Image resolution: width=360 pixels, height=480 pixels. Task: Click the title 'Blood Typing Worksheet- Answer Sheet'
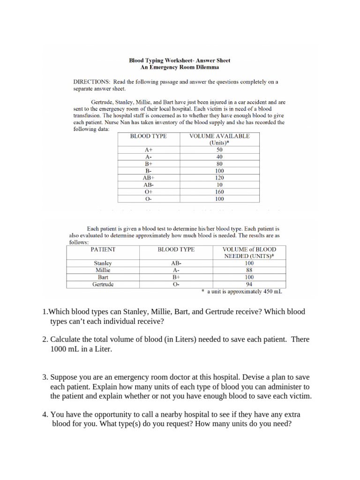pyautogui.click(x=180, y=60)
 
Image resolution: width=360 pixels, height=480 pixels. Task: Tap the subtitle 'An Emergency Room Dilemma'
pyautogui.click(x=180, y=67)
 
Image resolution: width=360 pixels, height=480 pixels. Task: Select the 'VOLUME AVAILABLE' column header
pyautogui.click(x=219, y=136)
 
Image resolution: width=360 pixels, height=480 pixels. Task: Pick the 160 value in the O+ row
pyautogui.click(x=219, y=192)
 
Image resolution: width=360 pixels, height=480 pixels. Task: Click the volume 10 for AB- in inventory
pyautogui.click(x=219, y=185)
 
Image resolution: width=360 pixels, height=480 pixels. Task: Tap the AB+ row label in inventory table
pyautogui.click(x=148, y=178)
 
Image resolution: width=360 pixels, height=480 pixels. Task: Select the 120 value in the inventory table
pyautogui.click(x=219, y=178)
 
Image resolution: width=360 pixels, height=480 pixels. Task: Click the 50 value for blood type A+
pyautogui.click(x=219, y=150)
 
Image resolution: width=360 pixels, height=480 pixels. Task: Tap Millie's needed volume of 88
pyautogui.click(x=249, y=270)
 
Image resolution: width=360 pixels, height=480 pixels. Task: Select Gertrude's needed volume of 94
pyautogui.click(x=249, y=284)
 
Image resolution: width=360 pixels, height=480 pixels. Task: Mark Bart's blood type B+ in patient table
pyautogui.click(x=176, y=277)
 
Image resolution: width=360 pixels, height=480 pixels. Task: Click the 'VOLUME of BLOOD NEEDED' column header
pyautogui.click(x=249, y=253)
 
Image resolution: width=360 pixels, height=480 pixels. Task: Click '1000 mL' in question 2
pyautogui.click(x=65, y=350)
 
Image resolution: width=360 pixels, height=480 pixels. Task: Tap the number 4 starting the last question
pyautogui.click(x=44, y=415)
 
